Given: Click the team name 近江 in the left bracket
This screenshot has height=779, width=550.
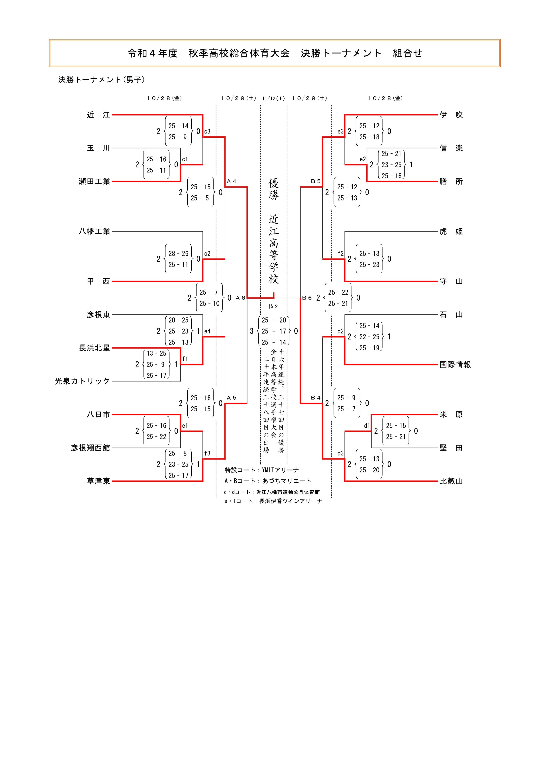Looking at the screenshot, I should click(98, 115).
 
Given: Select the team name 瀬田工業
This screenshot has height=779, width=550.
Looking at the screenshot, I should click(94, 182).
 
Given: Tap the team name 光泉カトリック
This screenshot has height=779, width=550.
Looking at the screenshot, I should click(82, 381).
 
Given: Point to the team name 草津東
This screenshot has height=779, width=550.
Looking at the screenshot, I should click(98, 481).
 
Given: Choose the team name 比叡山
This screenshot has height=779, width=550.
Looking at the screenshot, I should click(451, 481).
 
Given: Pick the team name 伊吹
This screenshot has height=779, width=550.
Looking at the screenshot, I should click(451, 115).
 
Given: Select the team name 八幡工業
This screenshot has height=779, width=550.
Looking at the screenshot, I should click(94, 231).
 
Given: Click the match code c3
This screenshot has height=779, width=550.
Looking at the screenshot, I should click(207, 132).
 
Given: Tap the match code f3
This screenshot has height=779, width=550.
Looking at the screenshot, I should click(207, 453).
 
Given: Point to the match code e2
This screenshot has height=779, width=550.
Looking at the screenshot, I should click(363, 159).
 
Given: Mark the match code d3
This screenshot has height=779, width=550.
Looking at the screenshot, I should click(341, 453).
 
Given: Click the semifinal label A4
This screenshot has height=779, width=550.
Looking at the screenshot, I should click(232, 182).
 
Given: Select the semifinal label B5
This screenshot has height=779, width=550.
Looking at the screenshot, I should click(316, 182).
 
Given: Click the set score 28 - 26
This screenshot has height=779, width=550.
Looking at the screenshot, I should click(178, 254).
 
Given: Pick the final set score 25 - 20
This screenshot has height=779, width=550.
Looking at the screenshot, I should click(274, 320).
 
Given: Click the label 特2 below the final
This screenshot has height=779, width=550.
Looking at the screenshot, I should click(273, 306).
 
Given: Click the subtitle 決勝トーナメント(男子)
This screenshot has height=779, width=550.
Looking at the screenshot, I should click(102, 80).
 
